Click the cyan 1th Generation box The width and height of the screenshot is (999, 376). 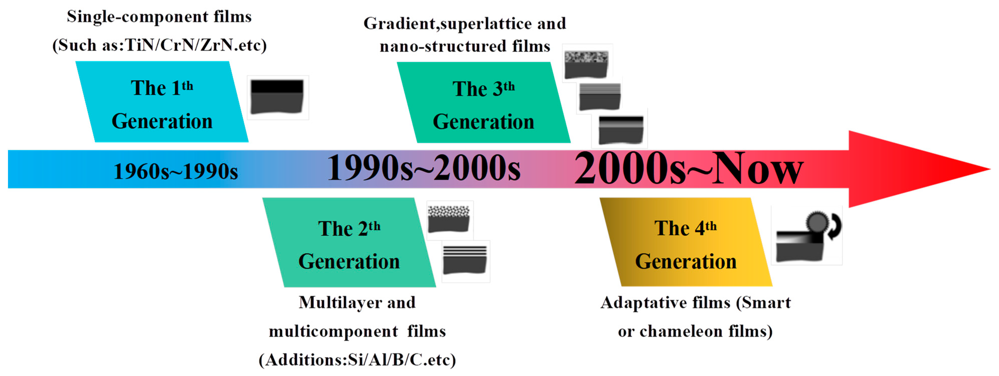[x=162, y=102]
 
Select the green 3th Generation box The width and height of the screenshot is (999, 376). [x=483, y=102]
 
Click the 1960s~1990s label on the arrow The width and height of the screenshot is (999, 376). [x=176, y=171]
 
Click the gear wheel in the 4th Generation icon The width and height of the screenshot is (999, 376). [x=817, y=223]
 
